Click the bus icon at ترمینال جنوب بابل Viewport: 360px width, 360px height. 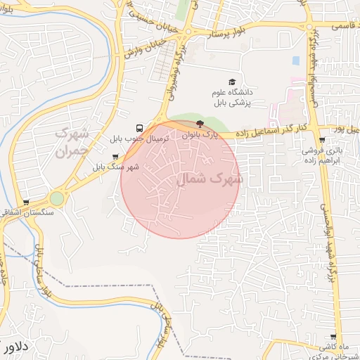(x=141, y=129)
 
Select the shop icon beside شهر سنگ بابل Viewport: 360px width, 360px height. (x=115, y=157)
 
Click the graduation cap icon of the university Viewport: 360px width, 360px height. (x=233, y=82)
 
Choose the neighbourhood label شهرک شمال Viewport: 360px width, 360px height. (x=209, y=179)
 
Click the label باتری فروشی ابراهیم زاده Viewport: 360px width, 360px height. (x=321, y=155)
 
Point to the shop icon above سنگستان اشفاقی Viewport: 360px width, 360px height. (x=27, y=202)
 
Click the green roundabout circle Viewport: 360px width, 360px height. (x=57, y=199)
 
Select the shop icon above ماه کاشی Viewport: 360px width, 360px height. (x=323, y=337)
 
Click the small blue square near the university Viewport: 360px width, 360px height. (x=296, y=60)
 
